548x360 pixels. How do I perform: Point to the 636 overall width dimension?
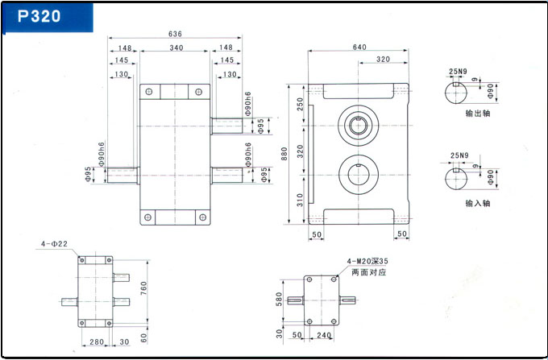click(174, 34)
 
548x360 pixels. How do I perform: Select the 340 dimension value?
click(176, 48)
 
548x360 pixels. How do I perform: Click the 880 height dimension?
click(284, 153)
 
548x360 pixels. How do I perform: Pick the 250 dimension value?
click(300, 105)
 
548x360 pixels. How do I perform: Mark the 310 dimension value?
click(300, 199)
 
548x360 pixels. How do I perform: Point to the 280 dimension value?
click(95, 342)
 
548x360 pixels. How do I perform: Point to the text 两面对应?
click(368, 272)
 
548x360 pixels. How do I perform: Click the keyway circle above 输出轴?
click(460, 93)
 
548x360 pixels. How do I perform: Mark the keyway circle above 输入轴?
click(460, 178)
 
